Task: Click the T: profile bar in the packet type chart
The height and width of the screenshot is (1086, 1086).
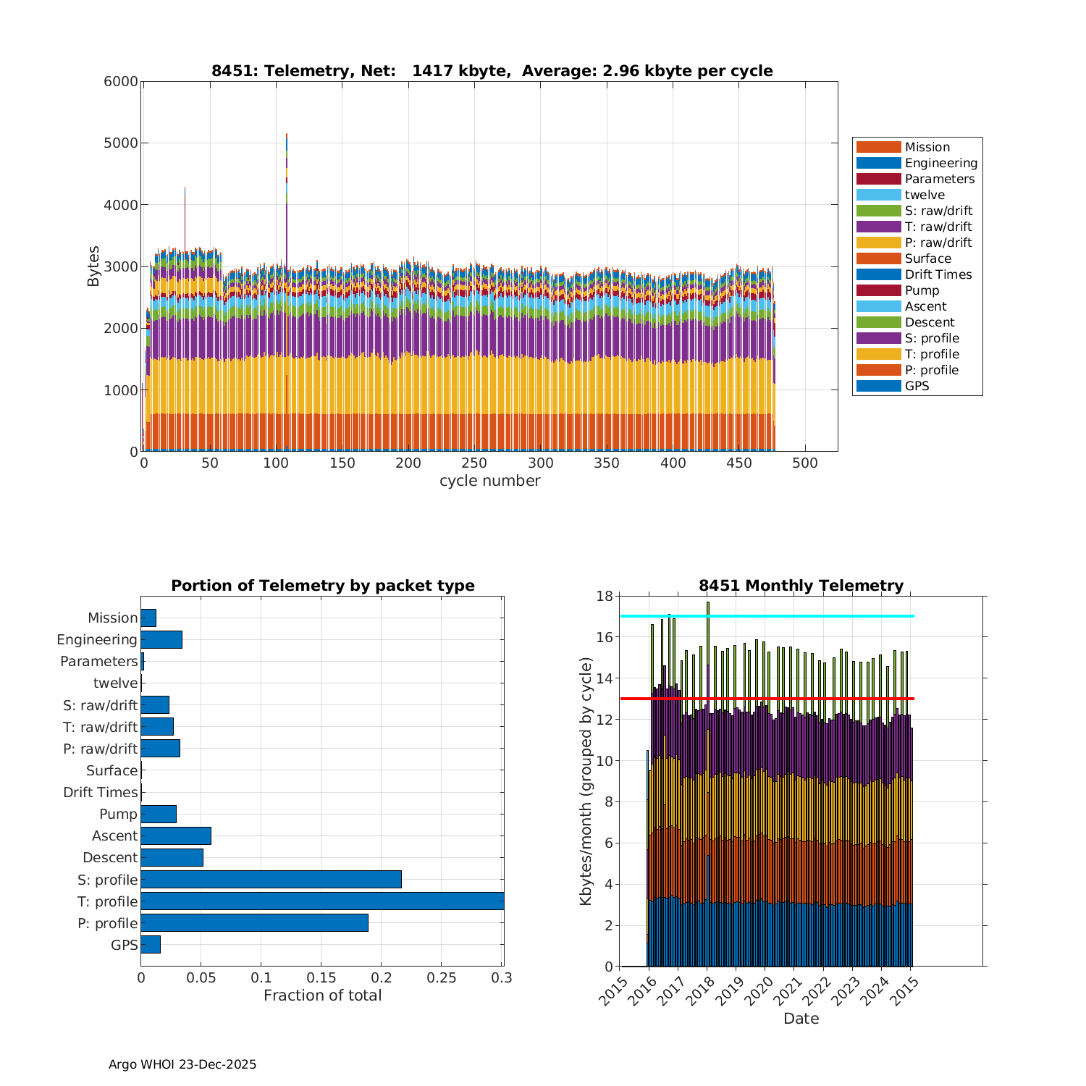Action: coord(322,901)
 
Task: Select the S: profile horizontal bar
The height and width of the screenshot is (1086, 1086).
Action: coord(271,879)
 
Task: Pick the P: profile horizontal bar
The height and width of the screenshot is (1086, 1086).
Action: coord(254,922)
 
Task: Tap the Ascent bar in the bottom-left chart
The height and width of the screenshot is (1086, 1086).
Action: coord(176,835)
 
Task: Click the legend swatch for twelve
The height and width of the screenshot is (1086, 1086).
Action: coord(878,195)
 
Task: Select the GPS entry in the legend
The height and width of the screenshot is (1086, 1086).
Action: coord(917,386)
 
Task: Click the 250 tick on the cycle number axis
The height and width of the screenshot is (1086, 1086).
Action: coord(475,463)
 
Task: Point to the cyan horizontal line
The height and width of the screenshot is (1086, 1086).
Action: coord(767,616)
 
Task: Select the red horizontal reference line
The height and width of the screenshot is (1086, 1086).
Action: coord(767,699)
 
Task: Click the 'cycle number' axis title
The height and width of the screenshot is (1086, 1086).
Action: coord(489,481)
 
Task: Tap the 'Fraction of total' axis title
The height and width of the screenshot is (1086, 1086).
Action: coord(322,995)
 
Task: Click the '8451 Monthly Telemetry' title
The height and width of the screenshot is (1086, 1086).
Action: coord(801,586)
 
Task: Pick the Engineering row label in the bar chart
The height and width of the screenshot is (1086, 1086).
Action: coord(97,640)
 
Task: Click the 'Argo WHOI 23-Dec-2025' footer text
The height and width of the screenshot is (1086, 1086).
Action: coord(182,1064)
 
